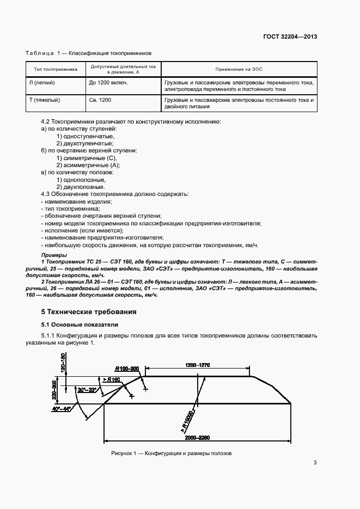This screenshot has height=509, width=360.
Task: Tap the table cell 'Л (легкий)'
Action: point(42,82)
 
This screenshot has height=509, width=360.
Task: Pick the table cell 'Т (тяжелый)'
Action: point(44,100)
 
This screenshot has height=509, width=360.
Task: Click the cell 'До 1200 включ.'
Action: point(108,82)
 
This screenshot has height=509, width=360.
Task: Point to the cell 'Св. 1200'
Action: point(100,100)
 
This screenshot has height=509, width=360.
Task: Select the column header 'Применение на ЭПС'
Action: point(239,69)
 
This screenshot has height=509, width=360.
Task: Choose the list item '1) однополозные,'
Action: point(81,179)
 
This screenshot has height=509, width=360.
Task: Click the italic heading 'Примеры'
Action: point(54,255)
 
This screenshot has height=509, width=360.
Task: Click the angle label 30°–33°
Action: point(86,390)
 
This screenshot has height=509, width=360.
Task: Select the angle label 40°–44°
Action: point(61,408)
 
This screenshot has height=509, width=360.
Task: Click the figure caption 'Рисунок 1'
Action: point(172,453)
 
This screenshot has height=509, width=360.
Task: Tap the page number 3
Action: point(315,463)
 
